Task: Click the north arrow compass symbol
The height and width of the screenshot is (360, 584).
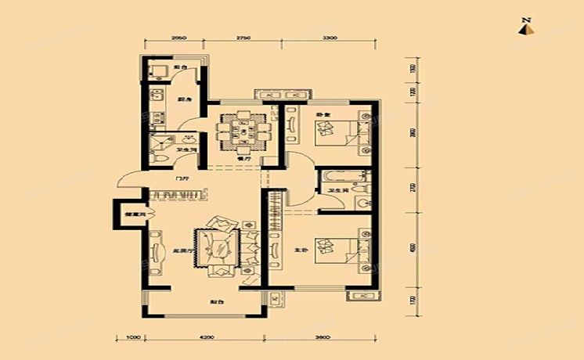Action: click(528, 27)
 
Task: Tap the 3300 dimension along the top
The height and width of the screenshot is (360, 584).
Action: click(330, 38)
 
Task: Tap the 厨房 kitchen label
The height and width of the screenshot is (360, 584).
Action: click(183, 100)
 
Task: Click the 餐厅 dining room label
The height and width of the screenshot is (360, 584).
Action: click(242, 157)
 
